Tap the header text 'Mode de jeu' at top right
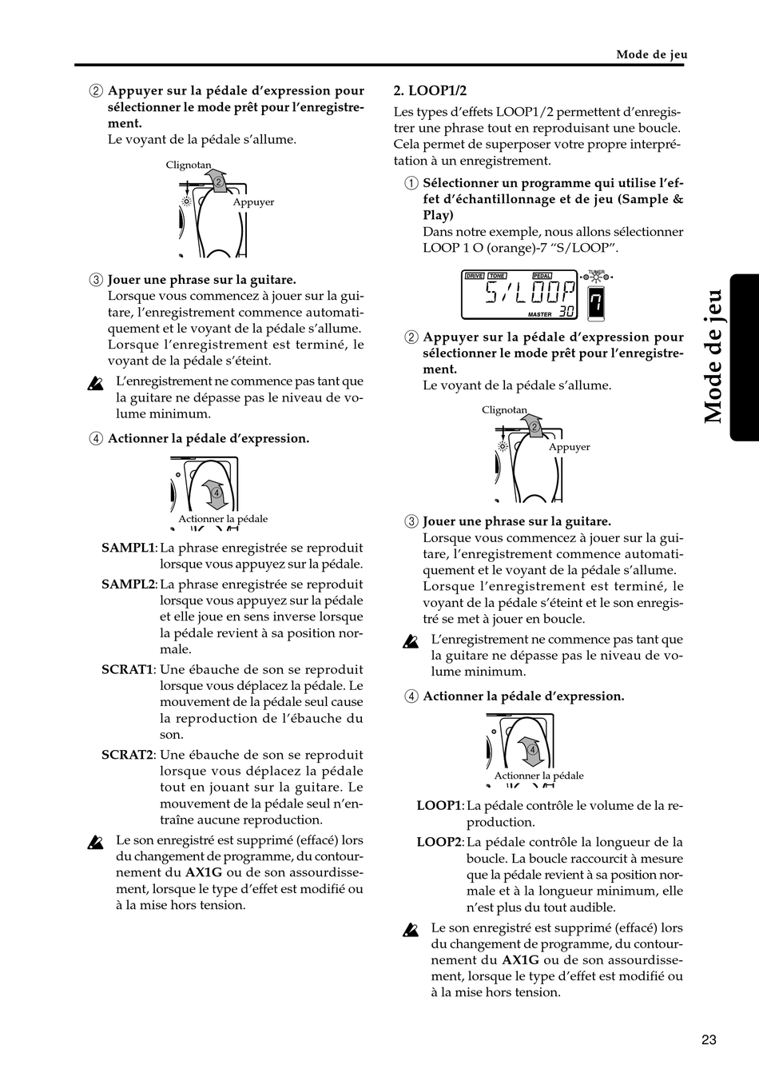point(652,54)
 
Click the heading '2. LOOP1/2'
point(430,90)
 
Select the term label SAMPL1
point(129,548)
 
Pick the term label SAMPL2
point(129,584)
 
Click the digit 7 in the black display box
point(596,303)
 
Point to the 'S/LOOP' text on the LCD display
point(531,292)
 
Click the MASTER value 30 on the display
point(566,312)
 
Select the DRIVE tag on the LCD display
point(475,275)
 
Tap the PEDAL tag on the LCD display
point(542,275)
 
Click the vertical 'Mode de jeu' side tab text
point(713,357)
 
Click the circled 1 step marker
point(411,183)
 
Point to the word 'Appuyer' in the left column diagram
point(253,202)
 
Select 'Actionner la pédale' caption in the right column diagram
point(538,776)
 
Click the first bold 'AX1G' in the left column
point(204,872)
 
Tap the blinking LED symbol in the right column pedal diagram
point(503,447)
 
